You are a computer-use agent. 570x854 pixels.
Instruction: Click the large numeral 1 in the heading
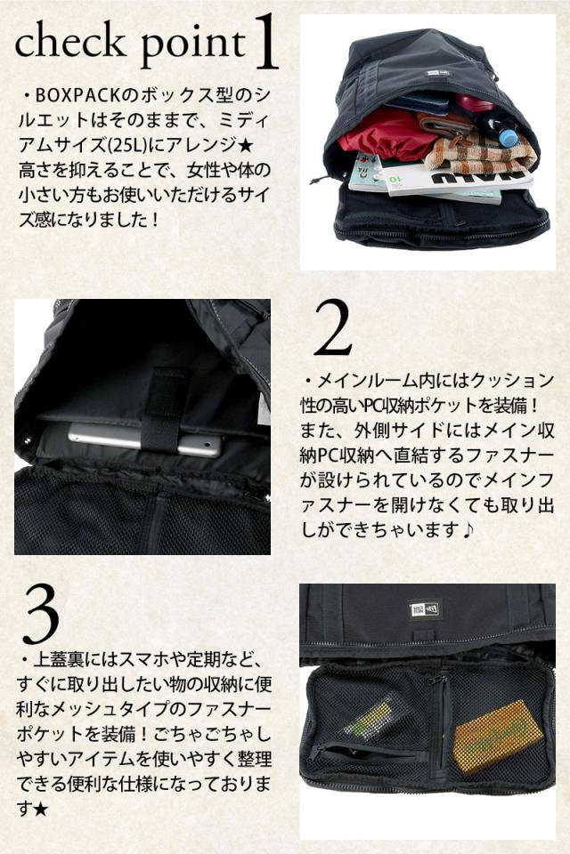tap(266, 43)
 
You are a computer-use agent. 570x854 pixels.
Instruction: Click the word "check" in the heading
tap(69, 43)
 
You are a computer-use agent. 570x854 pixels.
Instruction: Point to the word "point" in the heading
tap(193, 45)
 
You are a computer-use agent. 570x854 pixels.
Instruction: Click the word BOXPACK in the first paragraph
tap(77, 96)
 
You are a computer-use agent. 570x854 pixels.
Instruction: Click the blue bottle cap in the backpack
tap(509, 138)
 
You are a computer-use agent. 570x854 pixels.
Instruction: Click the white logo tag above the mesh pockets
tap(424, 610)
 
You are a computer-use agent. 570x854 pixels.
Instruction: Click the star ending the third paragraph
tap(40, 810)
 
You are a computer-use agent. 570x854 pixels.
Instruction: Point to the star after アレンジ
tap(246, 145)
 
